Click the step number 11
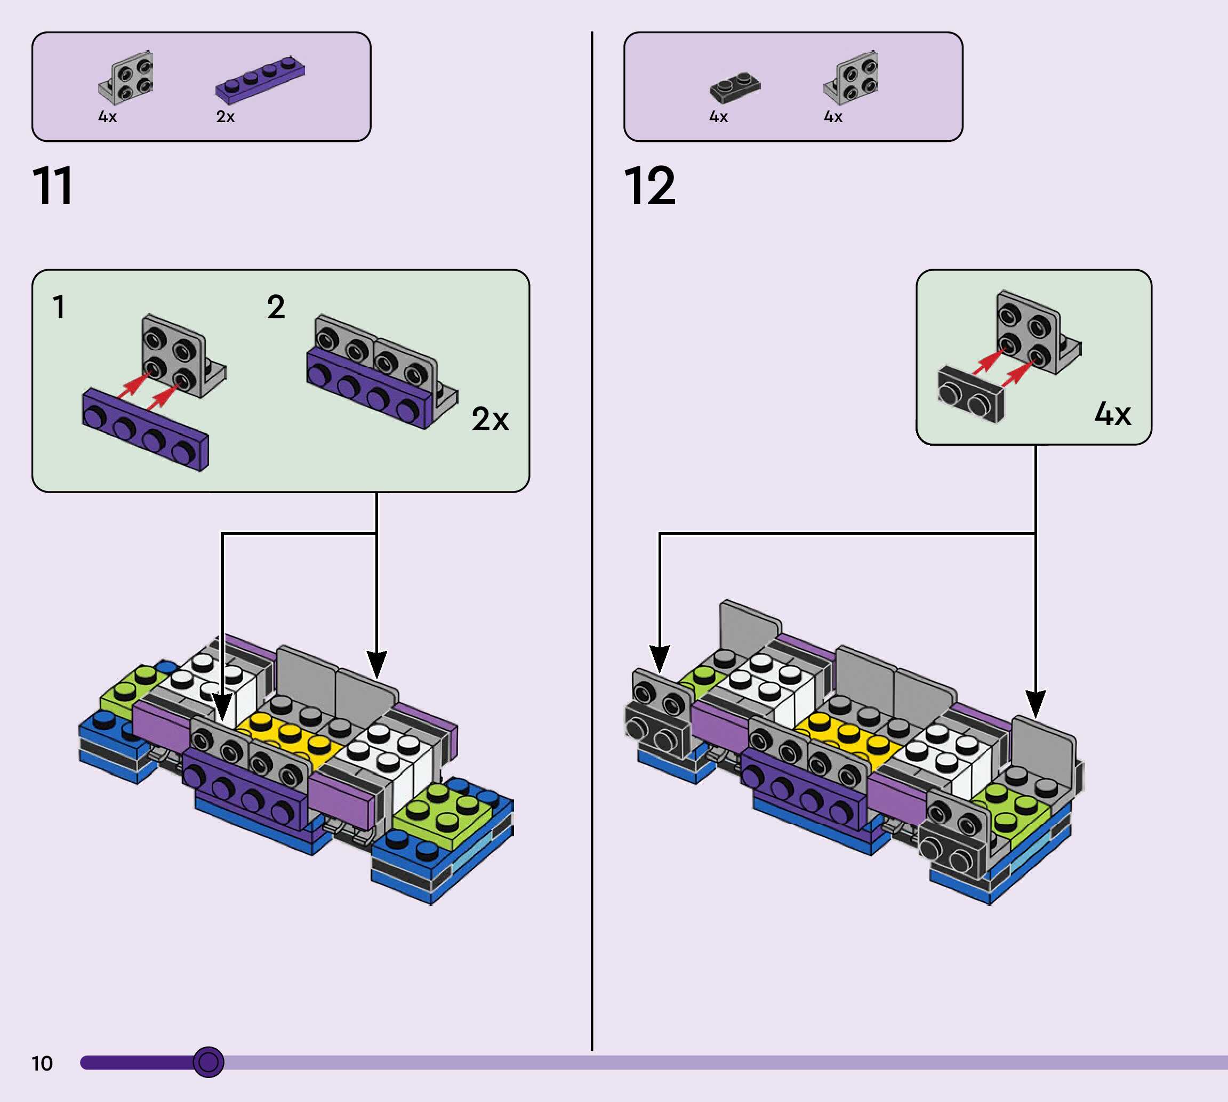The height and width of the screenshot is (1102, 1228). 53,186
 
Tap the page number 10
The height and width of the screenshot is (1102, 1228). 42,1063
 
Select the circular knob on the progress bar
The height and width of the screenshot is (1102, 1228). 208,1061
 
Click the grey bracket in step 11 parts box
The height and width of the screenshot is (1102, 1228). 126,77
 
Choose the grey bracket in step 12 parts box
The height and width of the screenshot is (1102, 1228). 852,77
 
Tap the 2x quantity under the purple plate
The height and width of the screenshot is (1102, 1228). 225,116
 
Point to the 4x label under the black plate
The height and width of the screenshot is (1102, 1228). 718,116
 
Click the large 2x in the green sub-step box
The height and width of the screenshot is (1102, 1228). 490,419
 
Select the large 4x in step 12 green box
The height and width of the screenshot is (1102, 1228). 1112,414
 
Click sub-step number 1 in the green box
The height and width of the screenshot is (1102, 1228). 59,307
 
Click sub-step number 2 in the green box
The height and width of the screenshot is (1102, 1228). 276,307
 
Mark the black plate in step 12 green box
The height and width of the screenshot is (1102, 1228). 970,394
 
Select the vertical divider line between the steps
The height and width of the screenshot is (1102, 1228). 591,545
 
